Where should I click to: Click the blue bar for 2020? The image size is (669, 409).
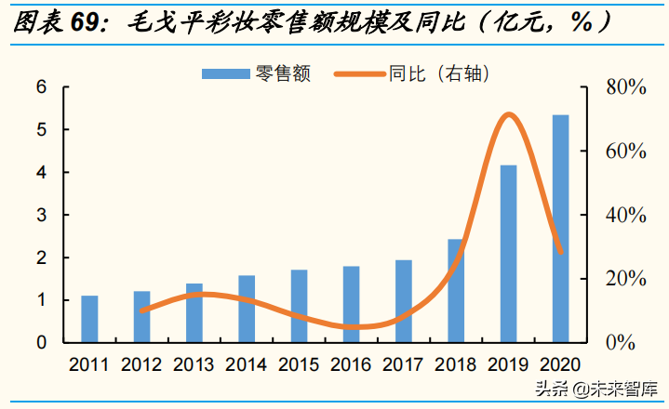point(560,229)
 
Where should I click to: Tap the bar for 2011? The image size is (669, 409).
point(89,319)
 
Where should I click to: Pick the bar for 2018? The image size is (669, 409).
point(456,291)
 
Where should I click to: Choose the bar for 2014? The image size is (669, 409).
point(247,309)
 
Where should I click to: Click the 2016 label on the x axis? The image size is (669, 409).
point(351,364)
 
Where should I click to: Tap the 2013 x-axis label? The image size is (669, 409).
point(194,364)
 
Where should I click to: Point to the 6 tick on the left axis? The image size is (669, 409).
point(41,88)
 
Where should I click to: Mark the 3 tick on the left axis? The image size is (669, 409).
point(41,216)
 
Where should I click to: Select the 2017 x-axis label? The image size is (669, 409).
point(403,364)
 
